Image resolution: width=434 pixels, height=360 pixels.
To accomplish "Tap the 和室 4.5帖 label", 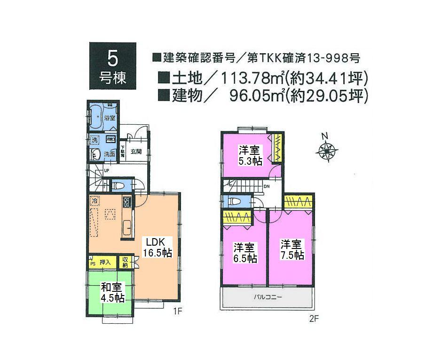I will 112,293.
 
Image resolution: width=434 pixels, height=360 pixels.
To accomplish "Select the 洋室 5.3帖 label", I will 250,156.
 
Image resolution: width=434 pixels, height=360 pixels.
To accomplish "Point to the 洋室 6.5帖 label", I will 245,253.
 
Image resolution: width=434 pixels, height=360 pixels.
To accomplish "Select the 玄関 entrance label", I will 136,152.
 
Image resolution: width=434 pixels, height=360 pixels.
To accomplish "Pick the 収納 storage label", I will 126,261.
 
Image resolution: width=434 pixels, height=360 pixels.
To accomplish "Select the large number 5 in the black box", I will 113,58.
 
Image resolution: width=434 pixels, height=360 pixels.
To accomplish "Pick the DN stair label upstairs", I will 267,187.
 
